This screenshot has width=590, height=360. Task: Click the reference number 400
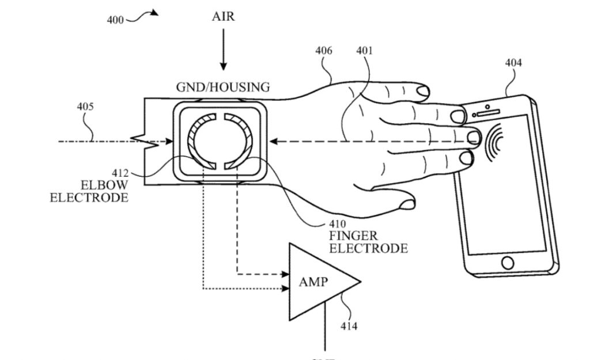click(x=115, y=20)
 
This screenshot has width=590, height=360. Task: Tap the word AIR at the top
click(x=223, y=16)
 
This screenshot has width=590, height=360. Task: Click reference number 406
click(x=323, y=51)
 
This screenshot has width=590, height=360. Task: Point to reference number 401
click(x=364, y=51)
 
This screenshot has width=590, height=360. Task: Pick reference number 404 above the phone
click(x=513, y=63)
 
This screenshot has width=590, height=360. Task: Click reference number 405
click(x=85, y=107)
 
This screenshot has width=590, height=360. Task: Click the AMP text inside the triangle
click(x=314, y=282)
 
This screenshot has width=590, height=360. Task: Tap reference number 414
click(x=349, y=327)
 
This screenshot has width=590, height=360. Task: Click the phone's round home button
click(x=508, y=263)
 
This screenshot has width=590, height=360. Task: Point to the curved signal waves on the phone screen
click(x=495, y=141)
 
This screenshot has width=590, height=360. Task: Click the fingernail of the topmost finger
click(x=424, y=91)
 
